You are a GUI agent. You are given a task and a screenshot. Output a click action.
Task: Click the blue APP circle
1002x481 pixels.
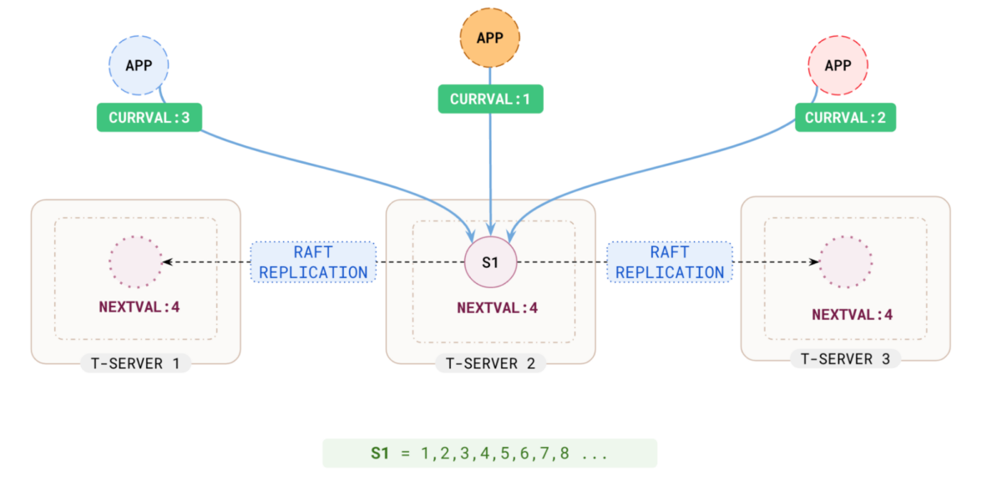[139, 65]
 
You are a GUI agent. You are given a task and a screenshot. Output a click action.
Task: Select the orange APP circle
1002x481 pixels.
[490, 38]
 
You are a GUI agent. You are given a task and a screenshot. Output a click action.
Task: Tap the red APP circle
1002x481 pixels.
[838, 65]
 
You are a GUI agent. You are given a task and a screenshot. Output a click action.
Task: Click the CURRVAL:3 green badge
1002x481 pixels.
[149, 118]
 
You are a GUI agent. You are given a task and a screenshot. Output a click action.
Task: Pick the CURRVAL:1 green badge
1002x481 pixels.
[490, 99]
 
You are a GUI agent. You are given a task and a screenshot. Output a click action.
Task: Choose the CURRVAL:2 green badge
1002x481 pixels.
[845, 118]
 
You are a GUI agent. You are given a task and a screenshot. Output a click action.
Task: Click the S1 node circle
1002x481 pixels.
[491, 261]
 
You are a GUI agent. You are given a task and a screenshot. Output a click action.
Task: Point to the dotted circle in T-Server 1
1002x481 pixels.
[135, 261]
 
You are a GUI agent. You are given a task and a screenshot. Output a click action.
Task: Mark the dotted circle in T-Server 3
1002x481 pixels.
[846, 261]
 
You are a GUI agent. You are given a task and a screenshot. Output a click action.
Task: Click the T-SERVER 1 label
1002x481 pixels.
[135, 363]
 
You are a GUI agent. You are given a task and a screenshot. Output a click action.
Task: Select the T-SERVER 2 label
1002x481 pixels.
[490, 363]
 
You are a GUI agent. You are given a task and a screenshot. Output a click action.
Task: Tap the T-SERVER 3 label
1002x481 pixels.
[845, 359]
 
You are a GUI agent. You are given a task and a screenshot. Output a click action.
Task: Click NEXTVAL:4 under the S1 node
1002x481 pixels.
[497, 307]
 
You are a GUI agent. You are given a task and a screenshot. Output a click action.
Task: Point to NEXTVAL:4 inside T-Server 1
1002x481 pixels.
[139, 306]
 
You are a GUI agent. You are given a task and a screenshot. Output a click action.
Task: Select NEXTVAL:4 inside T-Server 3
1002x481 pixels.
[852, 316]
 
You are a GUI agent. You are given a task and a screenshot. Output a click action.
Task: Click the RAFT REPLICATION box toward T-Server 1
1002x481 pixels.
[313, 261]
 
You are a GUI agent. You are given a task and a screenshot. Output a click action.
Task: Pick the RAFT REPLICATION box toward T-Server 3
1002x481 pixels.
[669, 261]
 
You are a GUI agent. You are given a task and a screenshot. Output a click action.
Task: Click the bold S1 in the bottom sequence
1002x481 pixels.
[380, 453]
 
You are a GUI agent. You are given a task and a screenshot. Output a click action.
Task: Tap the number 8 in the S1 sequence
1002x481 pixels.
[564, 453]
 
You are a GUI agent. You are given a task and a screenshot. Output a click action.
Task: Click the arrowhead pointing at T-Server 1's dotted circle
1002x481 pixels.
[167, 261]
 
